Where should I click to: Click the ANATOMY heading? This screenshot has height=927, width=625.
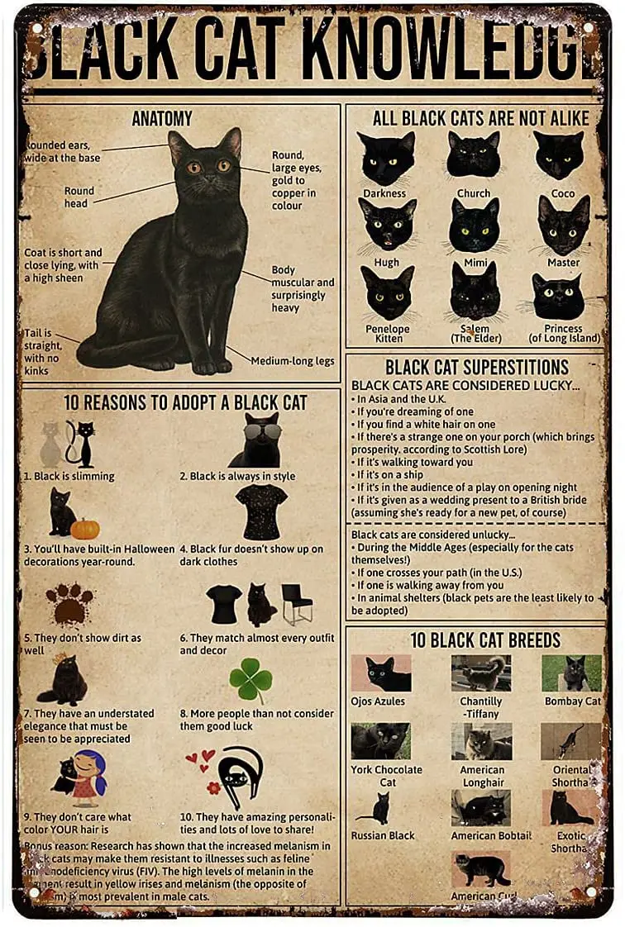[x=162, y=119]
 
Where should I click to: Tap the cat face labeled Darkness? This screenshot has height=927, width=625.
[x=386, y=158]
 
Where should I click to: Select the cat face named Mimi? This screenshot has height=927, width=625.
[x=474, y=226]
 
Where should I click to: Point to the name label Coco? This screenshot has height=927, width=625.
[x=563, y=193]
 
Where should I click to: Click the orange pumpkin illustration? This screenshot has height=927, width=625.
[x=85, y=528]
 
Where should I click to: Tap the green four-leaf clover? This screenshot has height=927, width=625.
[x=250, y=681]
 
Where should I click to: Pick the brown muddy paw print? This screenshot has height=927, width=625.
[x=69, y=604]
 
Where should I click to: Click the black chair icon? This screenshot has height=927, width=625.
[x=297, y=604]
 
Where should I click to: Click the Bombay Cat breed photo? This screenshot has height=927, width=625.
[x=571, y=673]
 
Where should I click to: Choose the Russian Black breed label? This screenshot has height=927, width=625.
[x=383, y=835]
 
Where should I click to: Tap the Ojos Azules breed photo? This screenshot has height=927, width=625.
[x=381, y=673]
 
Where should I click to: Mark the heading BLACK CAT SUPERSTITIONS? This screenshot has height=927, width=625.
[x=477, y=367]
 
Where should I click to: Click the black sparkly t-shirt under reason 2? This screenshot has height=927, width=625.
[x=261, y=511]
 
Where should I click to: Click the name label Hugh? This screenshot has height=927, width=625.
[x=386, y=263]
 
